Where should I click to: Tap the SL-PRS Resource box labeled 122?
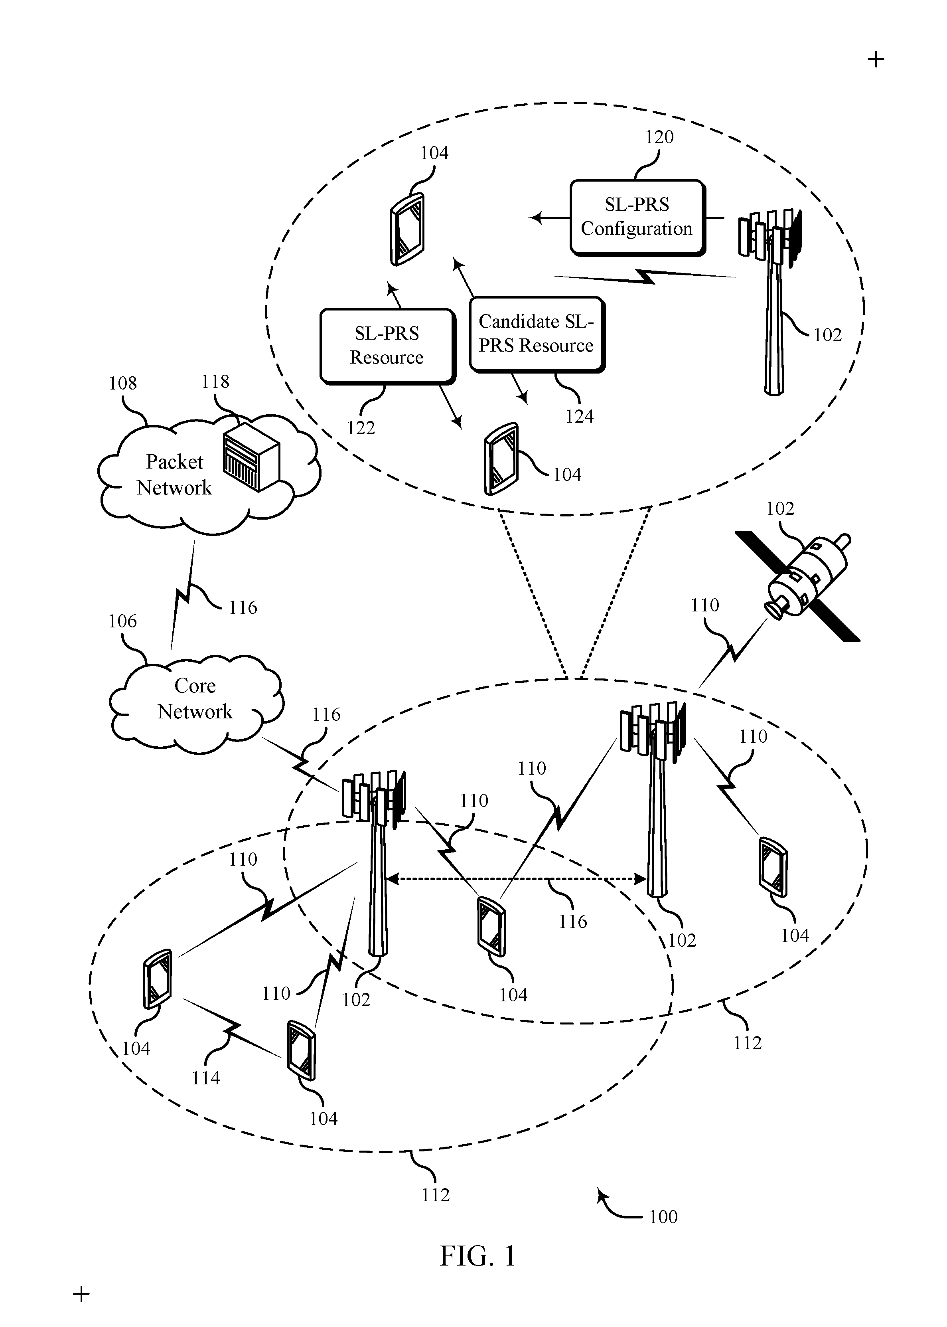(x=387, y=346)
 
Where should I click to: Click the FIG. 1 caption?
(x=477, y=1256)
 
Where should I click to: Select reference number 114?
(x=206, y=1078)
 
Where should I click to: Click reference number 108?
(x=122, y=383)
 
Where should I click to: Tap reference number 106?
(x=122, y=621)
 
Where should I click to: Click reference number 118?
(x=215, y=382)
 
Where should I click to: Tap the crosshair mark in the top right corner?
(x=876, y=59)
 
